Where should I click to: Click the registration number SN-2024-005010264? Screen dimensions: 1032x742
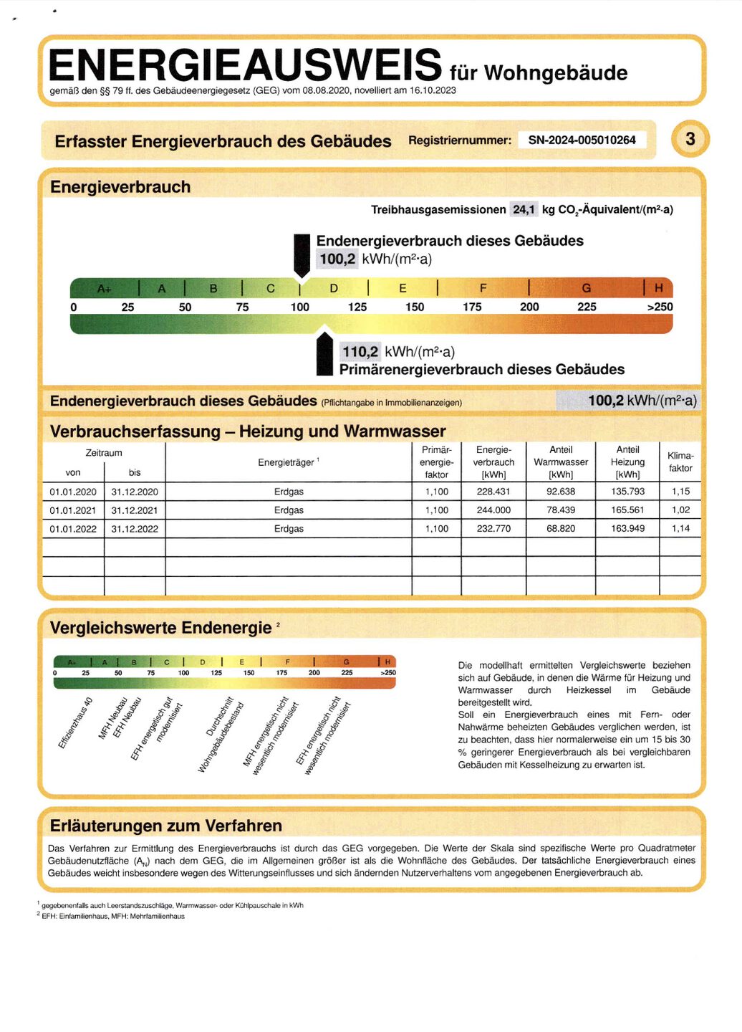pos(582,140)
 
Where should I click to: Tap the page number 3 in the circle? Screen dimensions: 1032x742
pos(690,139)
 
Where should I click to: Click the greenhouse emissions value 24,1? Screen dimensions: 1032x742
pos(524,209)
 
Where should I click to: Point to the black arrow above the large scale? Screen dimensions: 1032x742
pos(302,254)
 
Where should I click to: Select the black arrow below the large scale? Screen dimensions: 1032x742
pos(324,354)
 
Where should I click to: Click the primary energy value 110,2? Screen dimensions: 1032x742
pos(360,351)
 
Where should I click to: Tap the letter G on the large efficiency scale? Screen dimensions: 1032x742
pos(586,288)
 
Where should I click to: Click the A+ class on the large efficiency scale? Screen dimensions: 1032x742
pos(105,289)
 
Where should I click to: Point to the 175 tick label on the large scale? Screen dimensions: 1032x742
pos(472,307)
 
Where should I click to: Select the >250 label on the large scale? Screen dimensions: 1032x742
pos(660,307)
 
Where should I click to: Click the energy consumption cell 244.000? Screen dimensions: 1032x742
pos(493,510)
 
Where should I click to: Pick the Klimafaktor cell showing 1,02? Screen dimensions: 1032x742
pos(680,510)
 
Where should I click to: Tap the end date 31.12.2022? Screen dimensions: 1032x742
pos(135,529)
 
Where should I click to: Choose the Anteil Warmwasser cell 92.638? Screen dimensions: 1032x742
pos(561,492)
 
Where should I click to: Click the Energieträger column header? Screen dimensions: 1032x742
pos(288,462)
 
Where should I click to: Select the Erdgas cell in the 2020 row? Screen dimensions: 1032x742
pos(289,492)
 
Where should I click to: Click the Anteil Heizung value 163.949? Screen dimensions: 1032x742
pos(627,529)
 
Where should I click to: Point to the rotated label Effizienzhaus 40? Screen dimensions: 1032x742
pos(75,722)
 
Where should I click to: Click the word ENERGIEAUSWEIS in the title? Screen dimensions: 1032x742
pos(245,65)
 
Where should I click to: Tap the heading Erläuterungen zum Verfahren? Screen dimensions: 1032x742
pos(165,826)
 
